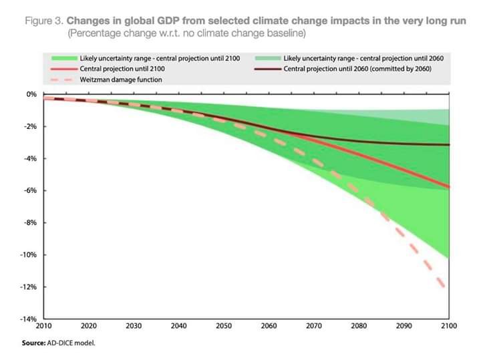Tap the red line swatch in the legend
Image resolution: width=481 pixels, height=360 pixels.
point(61,69)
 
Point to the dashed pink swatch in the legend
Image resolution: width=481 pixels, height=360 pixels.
point(61,79)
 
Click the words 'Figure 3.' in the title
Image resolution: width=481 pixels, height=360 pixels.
point(43,21)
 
